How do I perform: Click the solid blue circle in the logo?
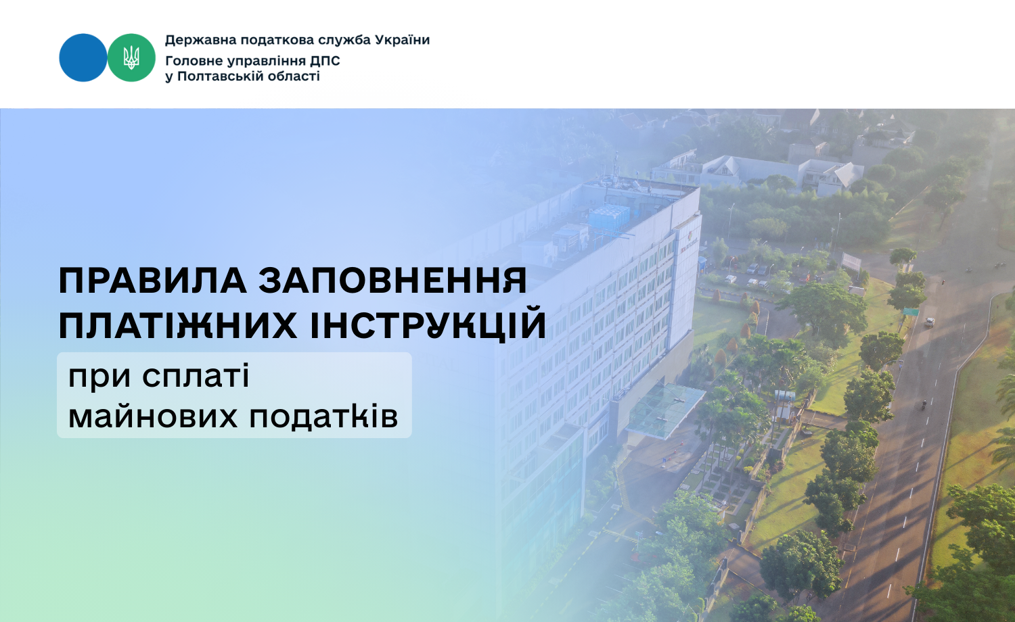[83, 57]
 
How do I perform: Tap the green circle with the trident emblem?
[131, 57]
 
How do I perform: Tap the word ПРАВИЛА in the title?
[153, 281]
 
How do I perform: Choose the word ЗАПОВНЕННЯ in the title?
[393, 280]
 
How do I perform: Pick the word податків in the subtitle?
[323, 416]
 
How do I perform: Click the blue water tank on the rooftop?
[609, 216]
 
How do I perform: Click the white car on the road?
[929, 322]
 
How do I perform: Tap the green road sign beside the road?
[910, 311]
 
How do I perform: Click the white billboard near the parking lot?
[851, 261]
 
